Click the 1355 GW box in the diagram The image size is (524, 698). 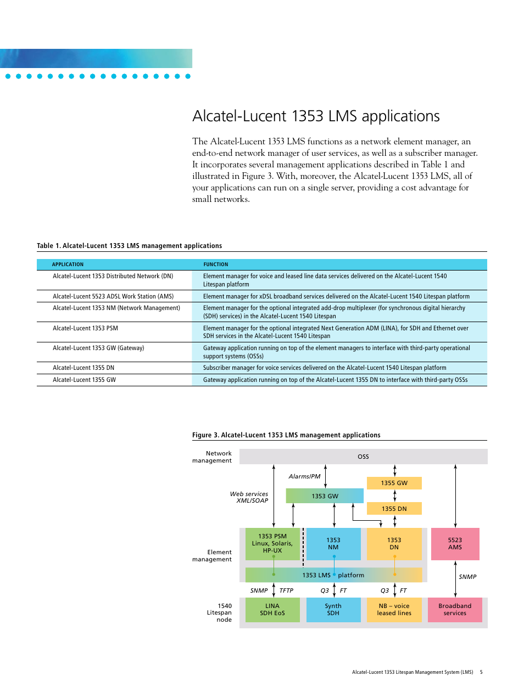[x=394, y=483]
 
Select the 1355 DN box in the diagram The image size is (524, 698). [x=394, y=509]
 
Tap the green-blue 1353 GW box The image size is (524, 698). [x=325, y=496]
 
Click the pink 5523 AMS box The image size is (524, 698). [x=455, y=544]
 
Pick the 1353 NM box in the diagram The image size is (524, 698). [x=333, y=544]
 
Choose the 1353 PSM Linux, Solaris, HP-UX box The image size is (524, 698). [x=272, y=544]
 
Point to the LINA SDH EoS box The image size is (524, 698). [x=272, y=610]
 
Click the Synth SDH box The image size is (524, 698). [x=333, y=610]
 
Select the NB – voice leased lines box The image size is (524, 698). [x=394, y=610]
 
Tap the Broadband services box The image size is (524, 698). [x=455, y=610]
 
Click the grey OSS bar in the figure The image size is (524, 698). [x=363, y=457]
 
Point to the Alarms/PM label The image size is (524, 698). [x=304, y=476]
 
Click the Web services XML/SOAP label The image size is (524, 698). [x=249, y=497]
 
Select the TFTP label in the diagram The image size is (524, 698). [x=286, y=590]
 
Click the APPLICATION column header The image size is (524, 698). [x=68, y=264]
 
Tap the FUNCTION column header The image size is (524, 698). [x=216, y=264]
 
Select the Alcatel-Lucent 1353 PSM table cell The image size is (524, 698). [x=85, y=328]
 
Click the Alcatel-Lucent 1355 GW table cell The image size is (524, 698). [x=84, y=380]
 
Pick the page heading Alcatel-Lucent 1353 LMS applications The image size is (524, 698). [x=316, y=116]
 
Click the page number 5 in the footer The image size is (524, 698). [x=481, y=672]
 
